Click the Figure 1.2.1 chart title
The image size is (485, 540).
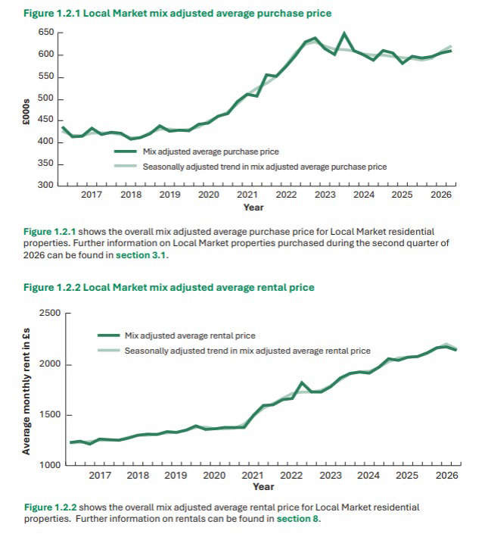pos(177,14)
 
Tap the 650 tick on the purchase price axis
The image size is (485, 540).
pos(46,33)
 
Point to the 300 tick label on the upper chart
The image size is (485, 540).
pos(46,185)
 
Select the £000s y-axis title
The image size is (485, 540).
pos(26,111)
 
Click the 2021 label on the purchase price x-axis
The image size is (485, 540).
pos(247,195)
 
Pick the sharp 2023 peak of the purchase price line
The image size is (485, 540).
pos(344,33)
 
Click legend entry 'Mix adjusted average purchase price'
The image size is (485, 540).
pos(197,151)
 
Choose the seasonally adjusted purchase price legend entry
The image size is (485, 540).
pos(250,167)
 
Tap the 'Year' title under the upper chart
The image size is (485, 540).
pos(253,208)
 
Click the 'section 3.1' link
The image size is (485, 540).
pos(141,255)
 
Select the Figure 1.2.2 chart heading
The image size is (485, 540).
pos(169,288)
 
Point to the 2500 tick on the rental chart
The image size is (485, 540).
pos(50,313)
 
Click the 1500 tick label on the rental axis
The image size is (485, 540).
pos(50,414)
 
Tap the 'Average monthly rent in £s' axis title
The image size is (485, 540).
pos(26,392)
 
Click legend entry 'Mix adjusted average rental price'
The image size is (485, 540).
pos(176,336)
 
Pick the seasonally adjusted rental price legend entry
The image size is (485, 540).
pos(234,351)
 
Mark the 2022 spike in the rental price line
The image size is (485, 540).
pos(302,382)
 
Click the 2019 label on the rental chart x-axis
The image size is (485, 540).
pos(176,476)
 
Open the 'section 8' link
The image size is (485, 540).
pos(298,519)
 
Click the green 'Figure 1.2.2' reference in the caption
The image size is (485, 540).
pos(50,507)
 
